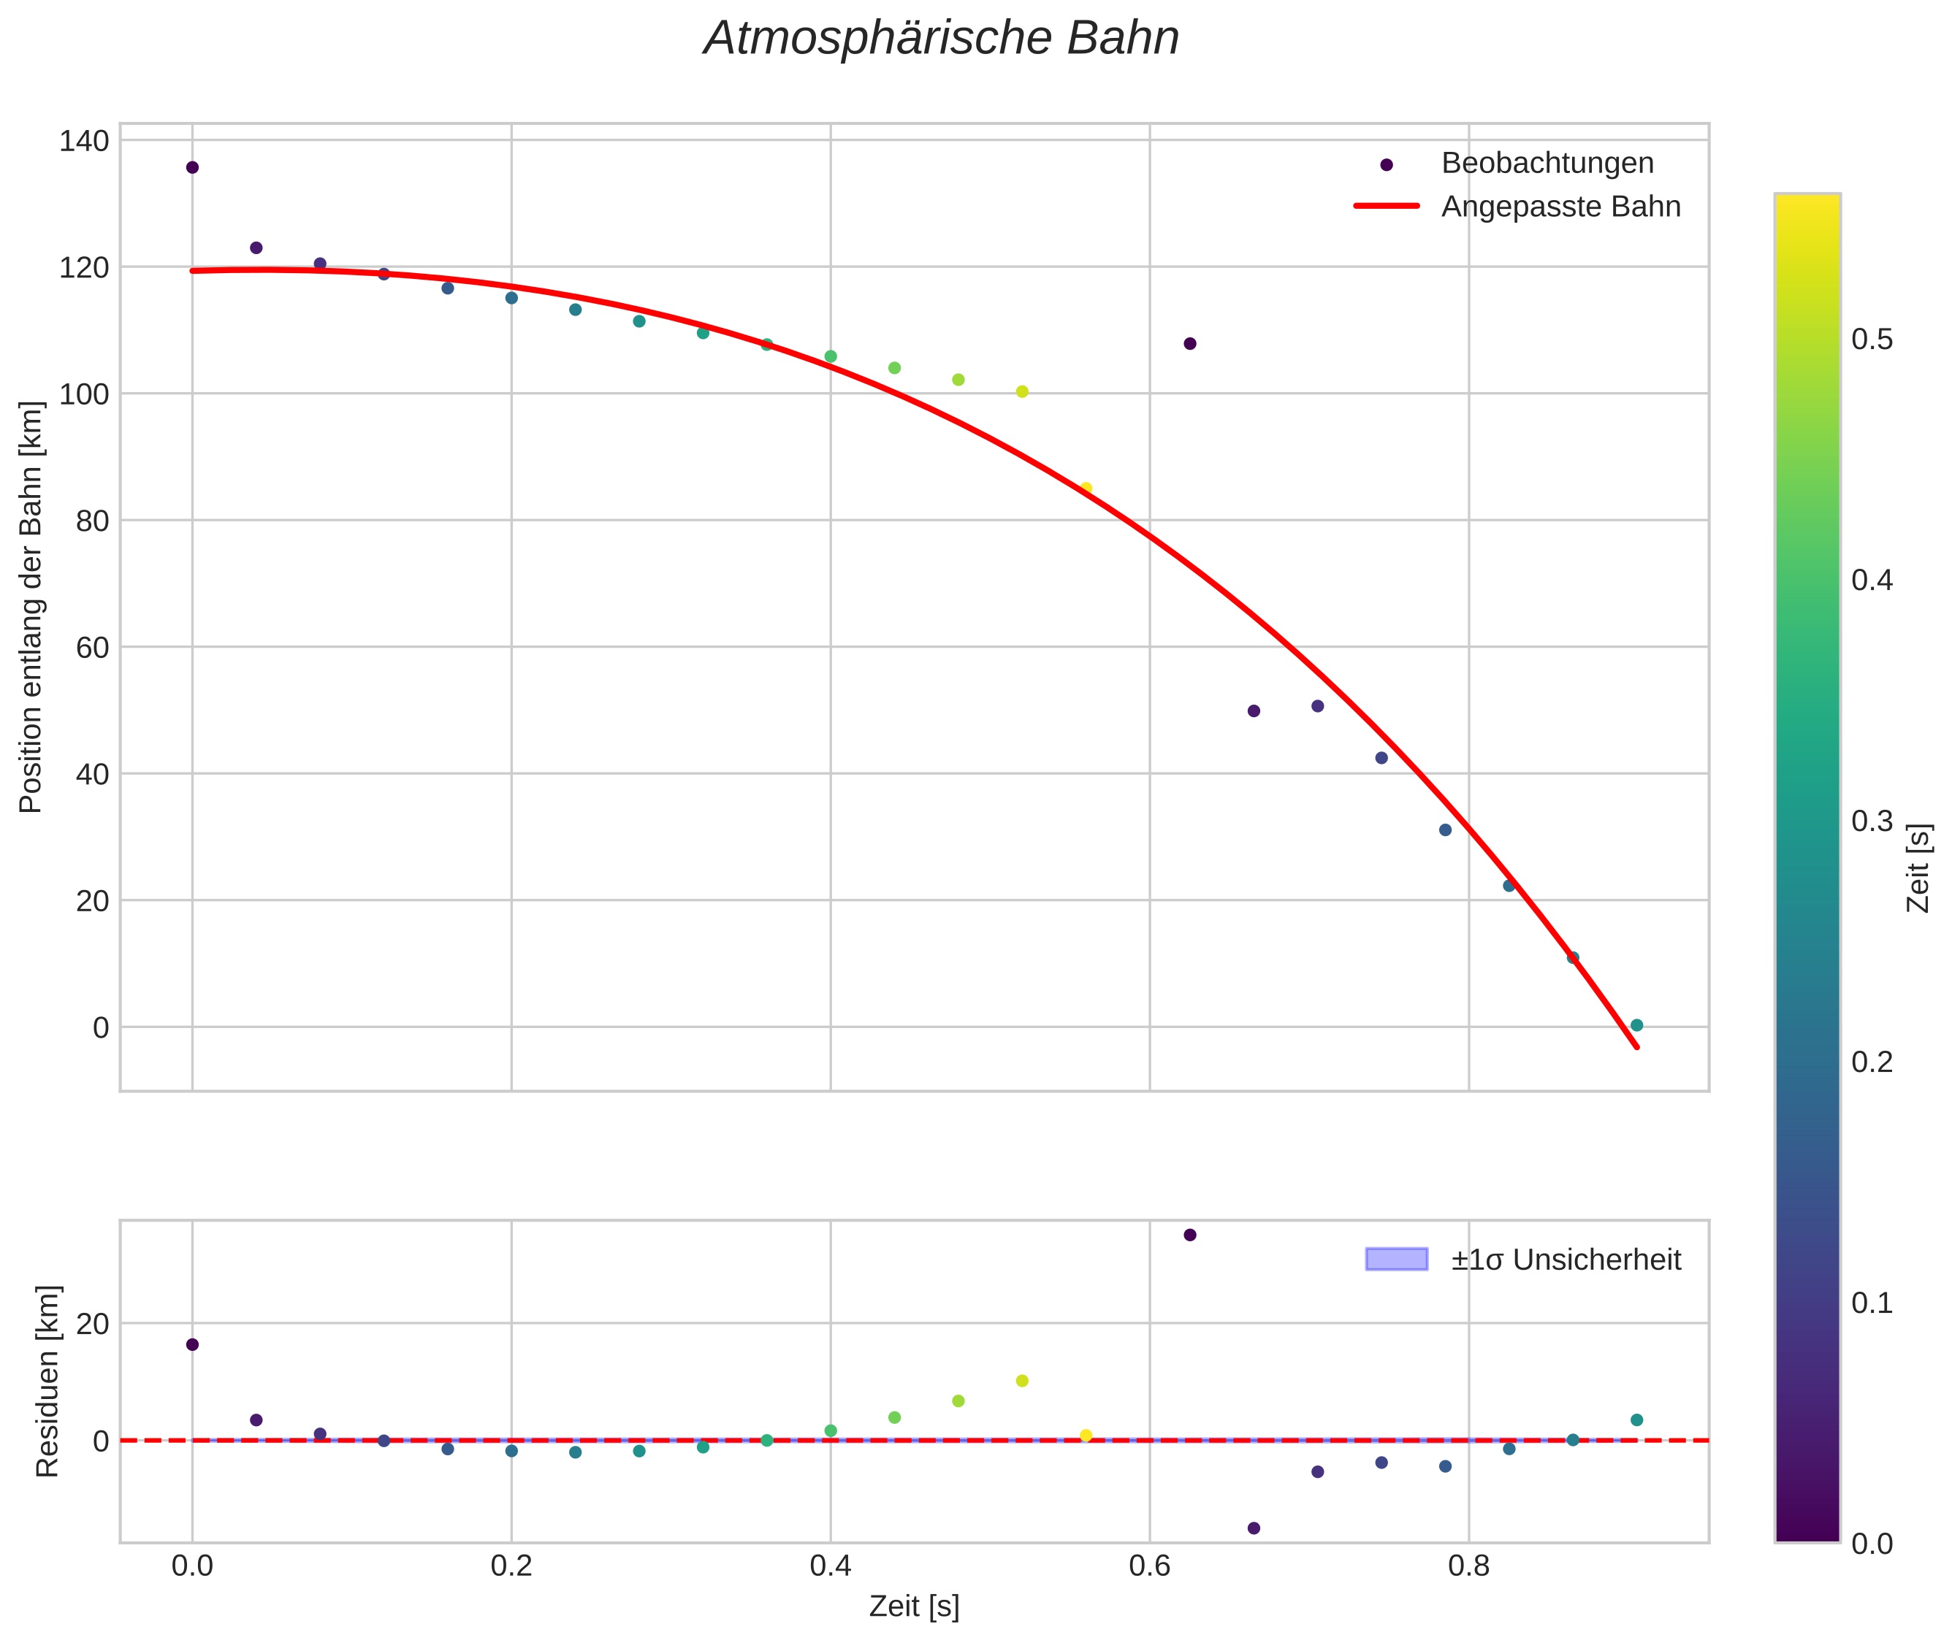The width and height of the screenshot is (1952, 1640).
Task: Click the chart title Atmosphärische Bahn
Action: click(941, 39)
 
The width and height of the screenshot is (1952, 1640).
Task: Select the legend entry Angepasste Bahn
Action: click(1560, 207)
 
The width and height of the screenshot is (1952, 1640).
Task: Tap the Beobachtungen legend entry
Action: click(1547, 164)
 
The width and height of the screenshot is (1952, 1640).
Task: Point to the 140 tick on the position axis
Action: click(84, 142)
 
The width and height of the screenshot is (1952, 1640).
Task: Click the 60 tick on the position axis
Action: click(92, 647)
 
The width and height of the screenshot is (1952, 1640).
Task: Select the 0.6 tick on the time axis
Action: click(1148, 1566)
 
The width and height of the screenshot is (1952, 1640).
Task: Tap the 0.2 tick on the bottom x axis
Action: click(511, 1566)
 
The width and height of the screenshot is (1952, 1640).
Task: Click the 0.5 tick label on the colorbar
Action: click(1871, 340)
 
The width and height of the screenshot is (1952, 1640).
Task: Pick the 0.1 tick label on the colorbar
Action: click(1871, 1303)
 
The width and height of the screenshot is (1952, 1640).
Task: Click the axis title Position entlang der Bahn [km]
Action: click(31, 607)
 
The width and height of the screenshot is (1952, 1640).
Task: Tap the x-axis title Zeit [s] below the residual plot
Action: click(913, 1607)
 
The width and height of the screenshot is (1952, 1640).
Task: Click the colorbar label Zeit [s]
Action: click(1918, 868)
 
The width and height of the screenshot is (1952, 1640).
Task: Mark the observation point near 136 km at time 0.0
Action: click(193, 167)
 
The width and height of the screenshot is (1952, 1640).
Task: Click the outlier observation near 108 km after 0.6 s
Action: click(1189, 344)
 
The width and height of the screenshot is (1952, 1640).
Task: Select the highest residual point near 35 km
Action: click(1189, 1235)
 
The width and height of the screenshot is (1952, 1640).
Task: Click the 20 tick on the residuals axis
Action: click(92, 1324)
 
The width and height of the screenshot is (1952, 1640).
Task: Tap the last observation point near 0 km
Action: click(1636, 1025)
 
